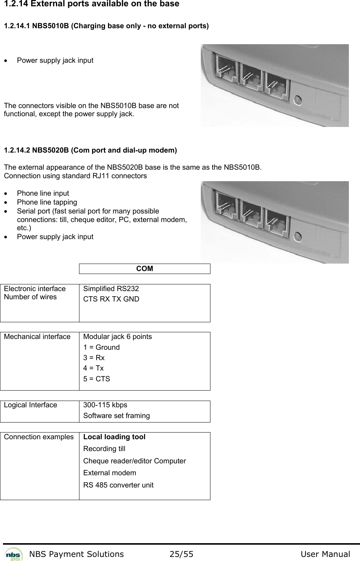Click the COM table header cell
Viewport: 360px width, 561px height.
[144, 269]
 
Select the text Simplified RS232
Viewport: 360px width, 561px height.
[111, 288]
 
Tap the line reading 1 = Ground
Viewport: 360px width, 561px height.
[101, 347]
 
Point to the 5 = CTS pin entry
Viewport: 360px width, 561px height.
[96, 379]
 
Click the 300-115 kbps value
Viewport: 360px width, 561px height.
[105, 405]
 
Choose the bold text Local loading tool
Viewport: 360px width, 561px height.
[114, 437]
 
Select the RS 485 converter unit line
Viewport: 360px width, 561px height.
[118, 485]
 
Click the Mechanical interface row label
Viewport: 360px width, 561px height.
[37, 336]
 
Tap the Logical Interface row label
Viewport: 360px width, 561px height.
[30, 405]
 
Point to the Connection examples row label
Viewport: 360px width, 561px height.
[39, 437]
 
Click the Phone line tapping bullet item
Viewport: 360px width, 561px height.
[47, 202]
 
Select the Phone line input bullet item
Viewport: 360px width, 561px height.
[43, 193]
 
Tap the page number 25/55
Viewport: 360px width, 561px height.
[181, 554]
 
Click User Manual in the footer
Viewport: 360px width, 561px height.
[325, 554]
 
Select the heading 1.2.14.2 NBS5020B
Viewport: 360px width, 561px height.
[90, 150]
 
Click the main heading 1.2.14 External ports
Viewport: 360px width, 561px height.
[91, 4]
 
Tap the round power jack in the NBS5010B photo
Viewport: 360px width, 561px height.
[297, 100]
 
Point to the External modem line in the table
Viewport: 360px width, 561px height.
[109, 473]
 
